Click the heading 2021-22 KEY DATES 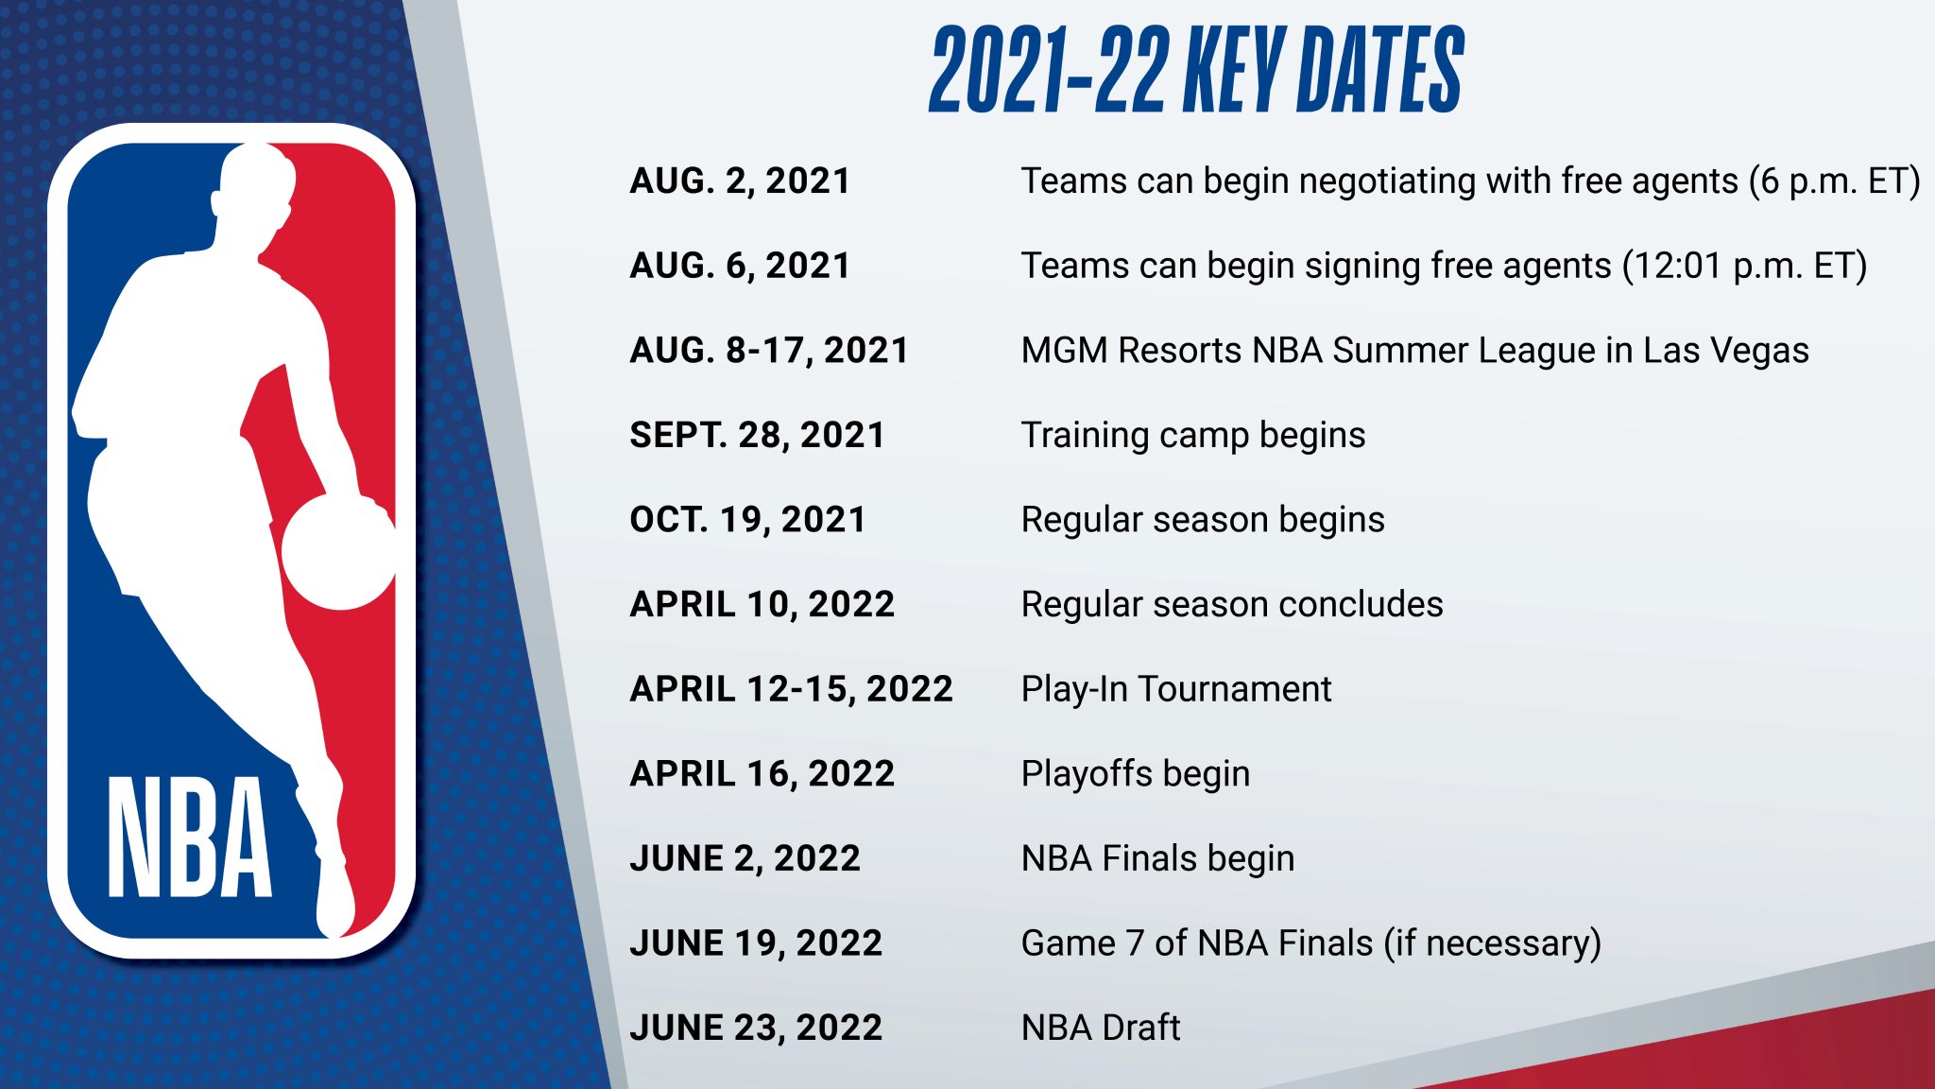point(1196,70)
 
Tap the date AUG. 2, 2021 point(740,181)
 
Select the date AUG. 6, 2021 point(740,266)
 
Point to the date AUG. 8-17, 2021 point(769,351)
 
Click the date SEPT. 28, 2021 point(758,435)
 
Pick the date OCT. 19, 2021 point(748,520)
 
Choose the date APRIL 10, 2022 point(762,604)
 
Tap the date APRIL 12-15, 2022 point(792,689)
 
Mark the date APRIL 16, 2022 point(762,773)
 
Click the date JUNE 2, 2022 point(745,858)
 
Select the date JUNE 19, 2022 point(756,942)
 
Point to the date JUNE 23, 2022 point(756,1028)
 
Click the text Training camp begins point(1193,436)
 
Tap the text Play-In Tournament point(1176,689)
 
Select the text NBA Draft point(1101,1028)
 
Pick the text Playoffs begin point(1136,774)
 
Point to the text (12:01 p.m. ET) point(1744,267)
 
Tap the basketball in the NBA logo point(338,553)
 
